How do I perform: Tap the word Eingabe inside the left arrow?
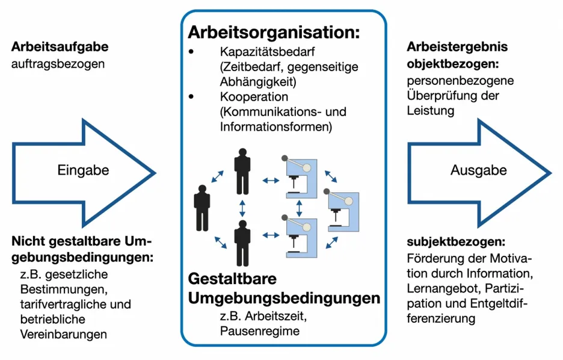pyautogui.click(x=83, y=170)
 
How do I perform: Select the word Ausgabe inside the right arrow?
pyautogui.click(x=478, y=170)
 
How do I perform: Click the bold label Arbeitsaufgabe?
pyautogui.click(x=60, y=47)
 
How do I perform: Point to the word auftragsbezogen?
pyautogui.click(x=58, y=63)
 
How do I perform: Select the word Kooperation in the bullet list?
pyautogui.click(x=254, y=97)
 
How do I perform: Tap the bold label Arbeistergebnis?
pyautogui.click(x=457, y=47)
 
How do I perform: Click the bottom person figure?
pyautogui.click(x=242, y=243)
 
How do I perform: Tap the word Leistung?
pyautogui.click(x=430, y=111)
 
